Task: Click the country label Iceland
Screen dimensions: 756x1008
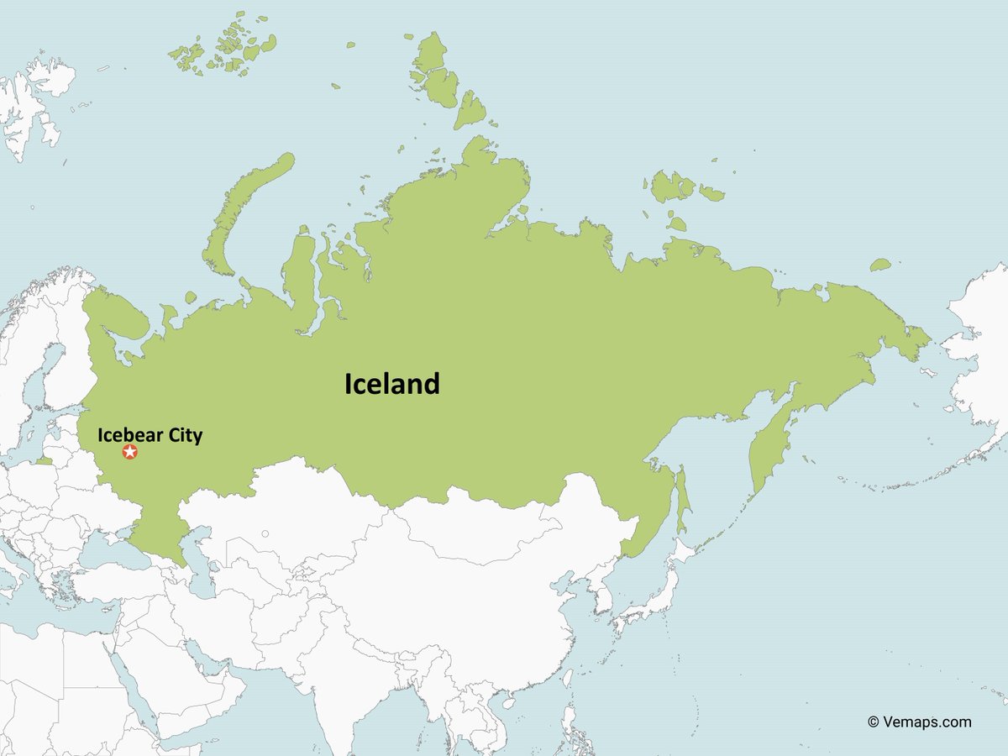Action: [x=391, y=384]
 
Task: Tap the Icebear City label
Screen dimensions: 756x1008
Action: [x=150, y=435]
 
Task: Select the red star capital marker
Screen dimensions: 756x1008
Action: [x=129, y=452]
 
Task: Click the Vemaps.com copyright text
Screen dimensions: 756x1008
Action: [x=919, y=722]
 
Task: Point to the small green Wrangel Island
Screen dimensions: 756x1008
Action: [x=879, y=265]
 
